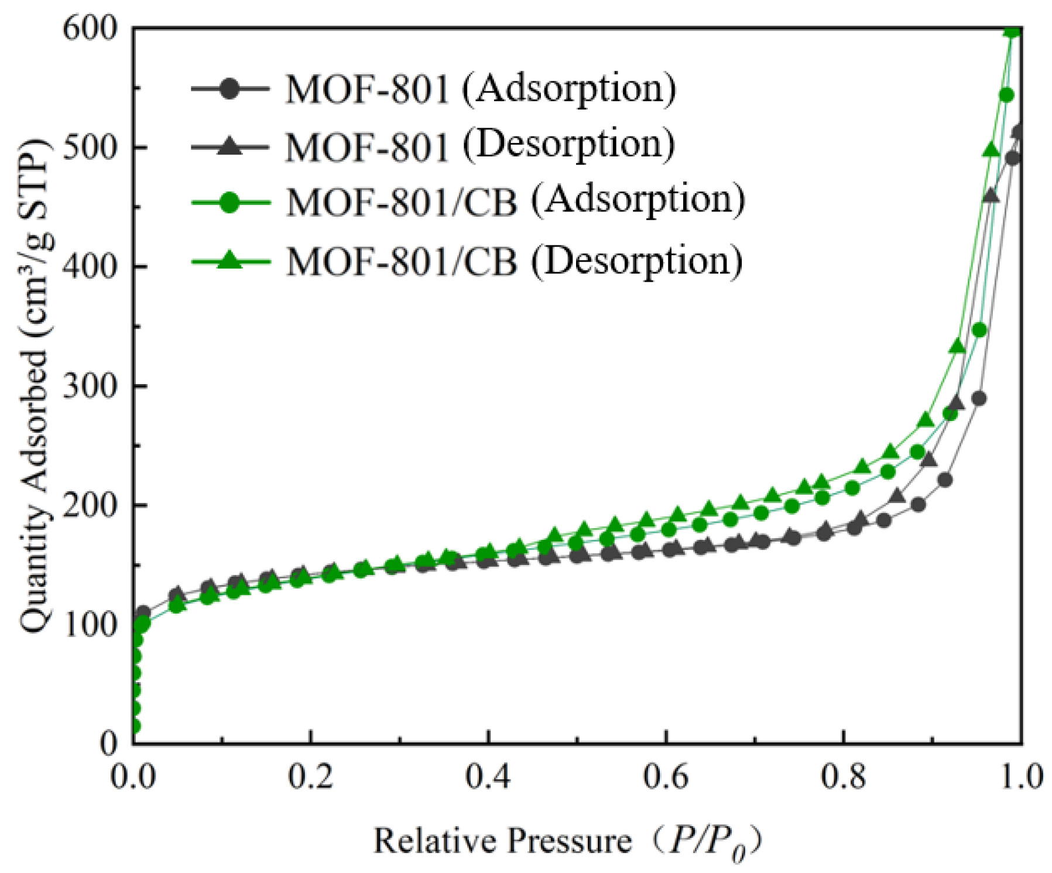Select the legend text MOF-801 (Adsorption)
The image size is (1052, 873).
click(x=480, y=89)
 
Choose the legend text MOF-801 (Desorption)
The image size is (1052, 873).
click(x=480, y=145)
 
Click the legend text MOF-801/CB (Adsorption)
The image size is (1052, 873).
click(x=515, y=201)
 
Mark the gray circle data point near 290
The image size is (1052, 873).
click(x=978, y=399)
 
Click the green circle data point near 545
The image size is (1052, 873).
click(x=1006, y=95)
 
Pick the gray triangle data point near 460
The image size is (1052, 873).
click(x=991, y=196)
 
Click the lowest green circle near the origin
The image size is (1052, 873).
click(x=135, y=727)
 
